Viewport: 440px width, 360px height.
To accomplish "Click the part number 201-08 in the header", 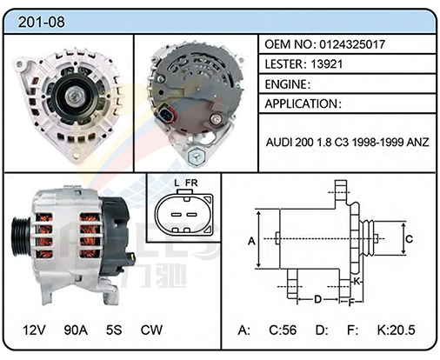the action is click(42, 22).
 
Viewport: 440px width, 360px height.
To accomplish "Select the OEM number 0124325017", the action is click(352, 44).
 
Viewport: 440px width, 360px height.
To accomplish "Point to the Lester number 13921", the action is click(326, 64).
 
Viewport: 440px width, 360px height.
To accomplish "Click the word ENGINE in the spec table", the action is click(285, 84).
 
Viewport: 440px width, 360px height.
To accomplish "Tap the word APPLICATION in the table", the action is click(301, 103).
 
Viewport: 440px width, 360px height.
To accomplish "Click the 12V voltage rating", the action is click(34, 330).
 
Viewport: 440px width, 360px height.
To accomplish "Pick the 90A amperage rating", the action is click(76, 330).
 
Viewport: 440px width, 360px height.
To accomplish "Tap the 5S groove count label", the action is click(114, 330).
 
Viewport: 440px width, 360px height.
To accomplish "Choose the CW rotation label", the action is click(151, 330).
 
